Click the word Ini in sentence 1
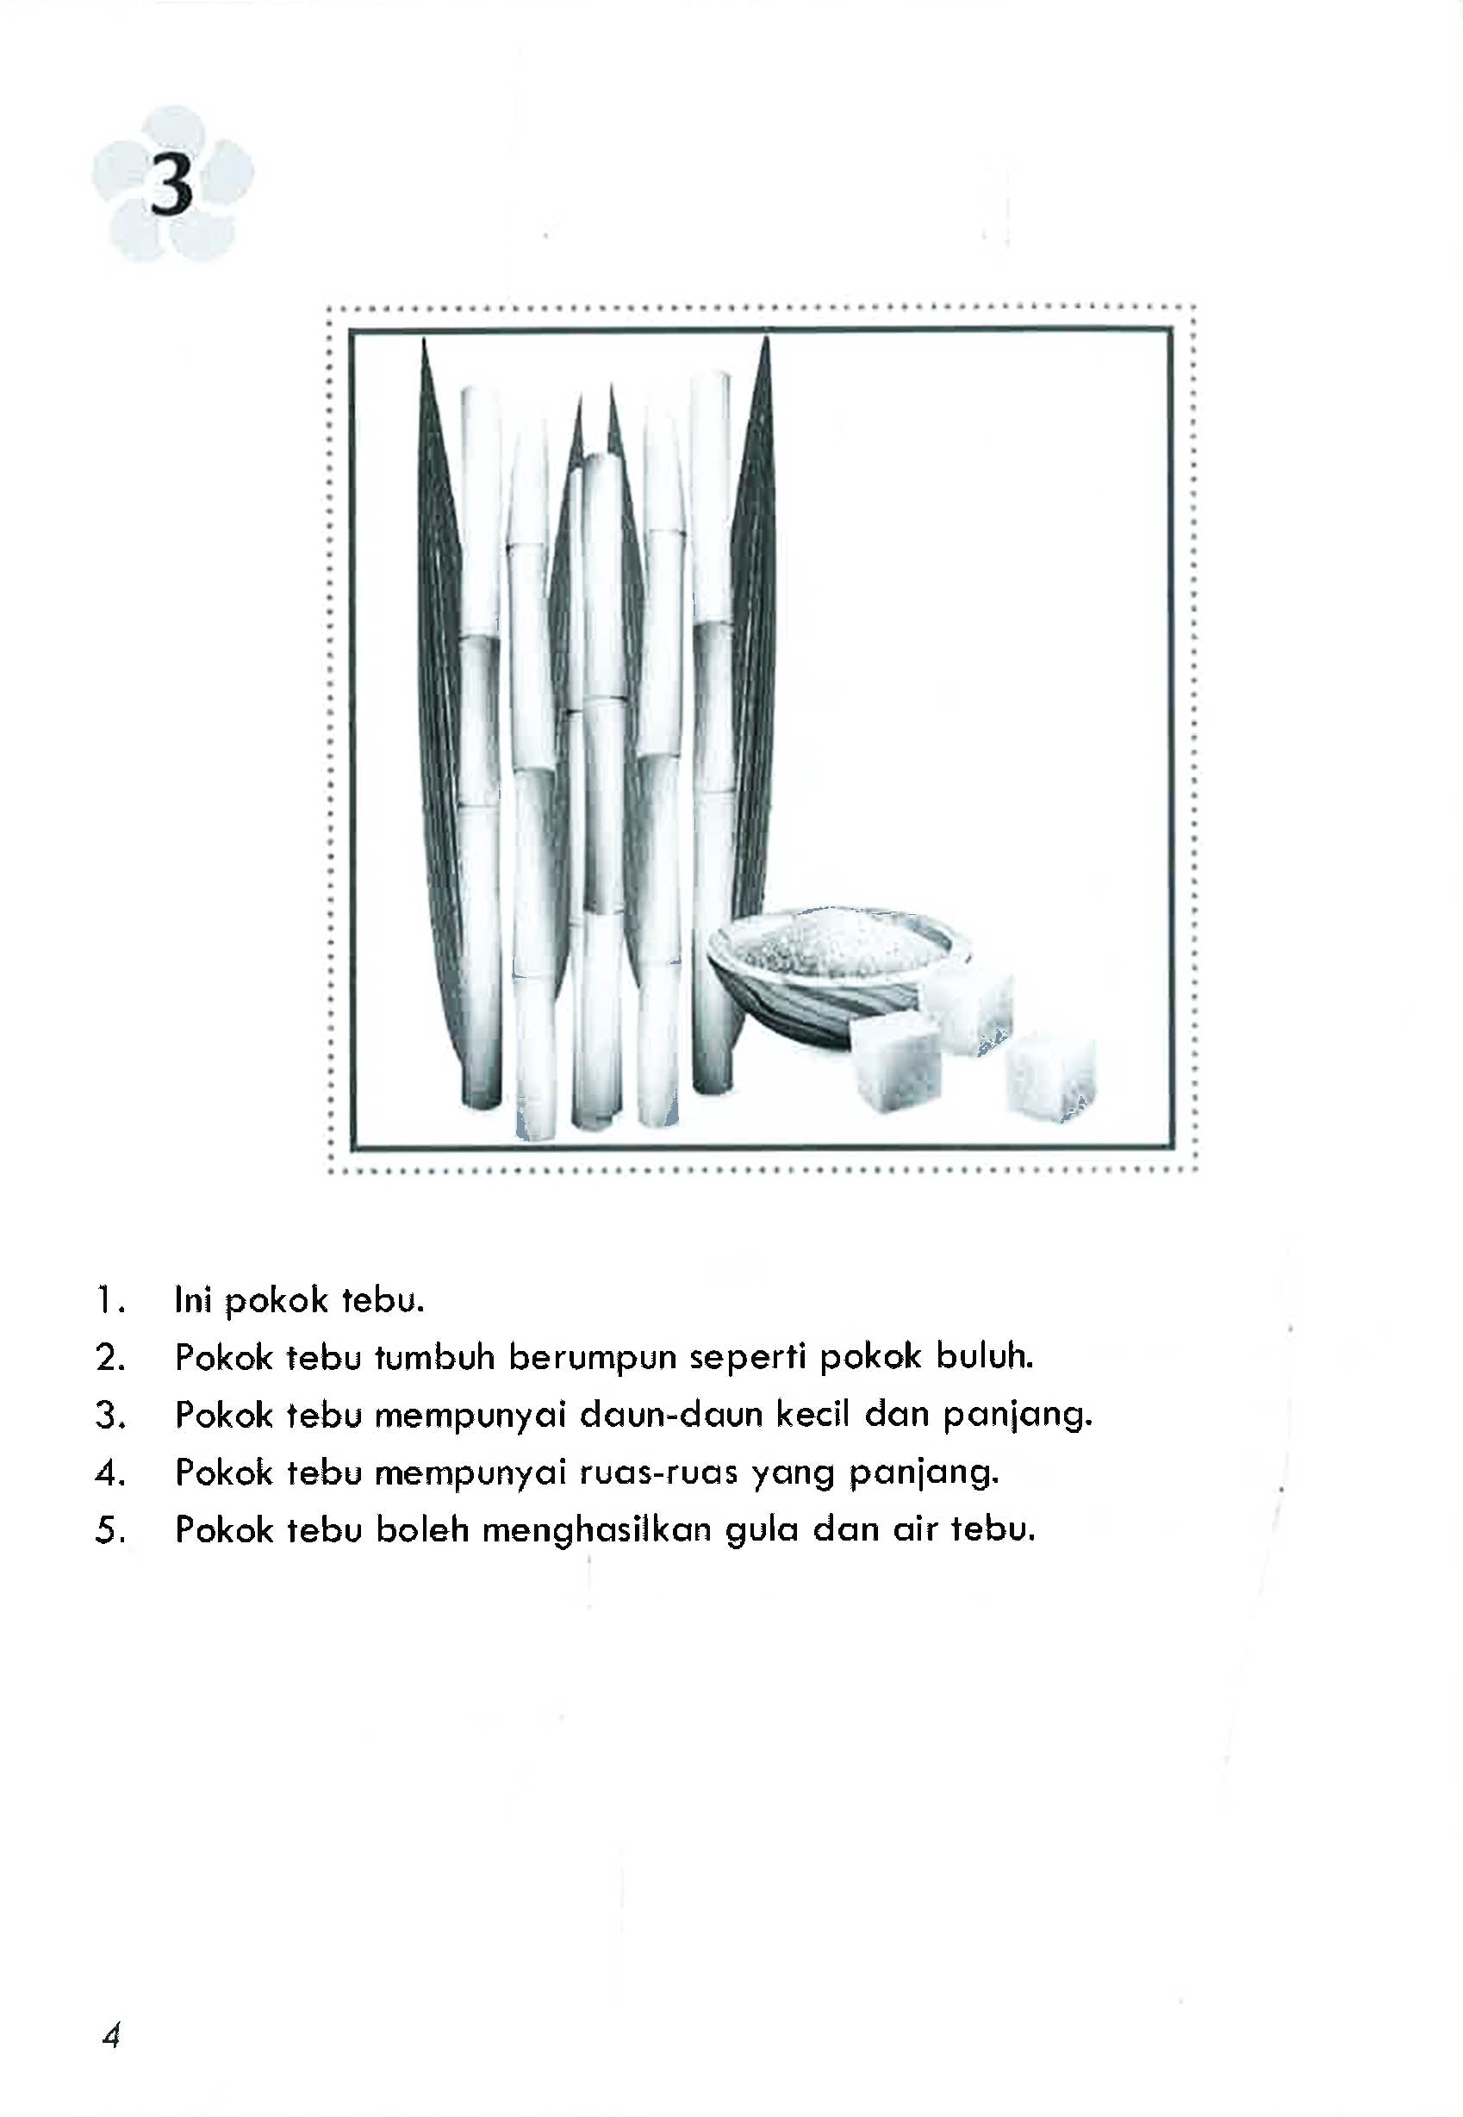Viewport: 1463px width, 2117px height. (x=192, y=1300)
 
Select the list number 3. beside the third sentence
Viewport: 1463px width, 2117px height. (x=109, y=1417)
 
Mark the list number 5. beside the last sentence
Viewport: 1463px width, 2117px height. (x=109, y=1531)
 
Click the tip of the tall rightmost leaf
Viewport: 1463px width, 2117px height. (x=766, y=345)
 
